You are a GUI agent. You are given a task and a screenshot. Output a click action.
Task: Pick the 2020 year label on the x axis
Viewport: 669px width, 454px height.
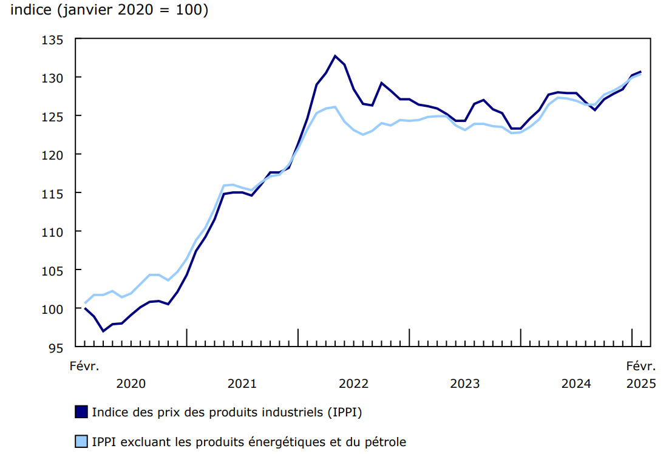coord(131,384)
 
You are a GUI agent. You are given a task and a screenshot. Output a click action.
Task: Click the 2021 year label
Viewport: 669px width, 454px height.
coord(242,384)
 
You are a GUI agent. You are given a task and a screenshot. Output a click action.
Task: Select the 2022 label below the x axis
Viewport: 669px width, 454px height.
coord(353,384)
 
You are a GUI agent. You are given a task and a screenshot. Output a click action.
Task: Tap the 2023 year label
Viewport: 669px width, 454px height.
coord(464,384)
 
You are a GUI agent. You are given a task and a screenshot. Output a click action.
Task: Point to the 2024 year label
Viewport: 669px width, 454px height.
coord(576,384)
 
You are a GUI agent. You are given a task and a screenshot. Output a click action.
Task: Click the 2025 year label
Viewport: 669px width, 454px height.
coord(641,384)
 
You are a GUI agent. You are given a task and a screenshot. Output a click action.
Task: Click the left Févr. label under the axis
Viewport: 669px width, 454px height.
coord(84,366)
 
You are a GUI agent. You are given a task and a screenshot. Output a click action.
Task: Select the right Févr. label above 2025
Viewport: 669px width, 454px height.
coord(641,366)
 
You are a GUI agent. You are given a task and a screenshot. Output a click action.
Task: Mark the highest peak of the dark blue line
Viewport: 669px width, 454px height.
coord(335,56)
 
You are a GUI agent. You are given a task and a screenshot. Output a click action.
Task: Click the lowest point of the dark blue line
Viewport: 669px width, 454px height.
coord(103,331)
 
